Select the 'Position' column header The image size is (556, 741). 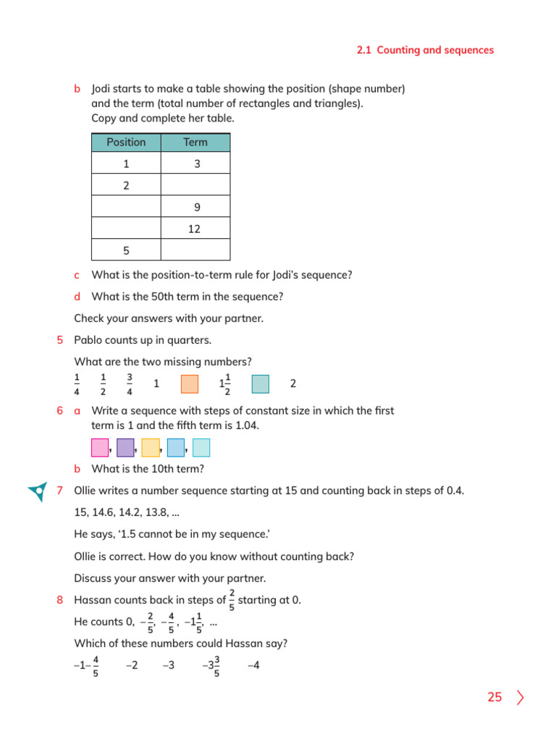(x=126, y=143)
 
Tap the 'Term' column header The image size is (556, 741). (x=195, y=143)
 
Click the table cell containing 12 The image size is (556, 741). (x=195, y=229)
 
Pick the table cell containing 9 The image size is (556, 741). (x=195, y=208)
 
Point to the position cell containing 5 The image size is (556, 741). (x=126, y=250)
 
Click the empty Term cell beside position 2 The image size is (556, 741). (x=195, y=186)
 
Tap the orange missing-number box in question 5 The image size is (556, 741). (x=189, y=384)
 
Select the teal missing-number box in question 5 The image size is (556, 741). (x=260, y=384)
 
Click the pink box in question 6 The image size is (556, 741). (x=100, y=448)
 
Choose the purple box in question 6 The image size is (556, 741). (x=125, y=448)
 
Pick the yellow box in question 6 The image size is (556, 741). (x=151, y=448)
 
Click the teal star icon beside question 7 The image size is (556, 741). (x=37, y=491)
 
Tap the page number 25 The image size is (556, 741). (x=494, y=698)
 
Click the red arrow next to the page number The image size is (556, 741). (x=521, y=698)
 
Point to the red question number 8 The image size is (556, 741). (x=59, y=600)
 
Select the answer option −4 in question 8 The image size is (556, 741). (x=253, y=665)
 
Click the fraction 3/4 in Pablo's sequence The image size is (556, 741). (x=129, y=384)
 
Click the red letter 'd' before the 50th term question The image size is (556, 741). (x=77, y=297)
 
